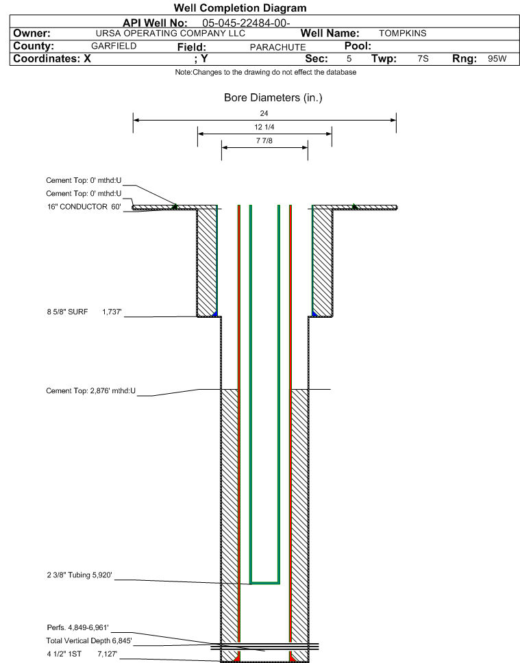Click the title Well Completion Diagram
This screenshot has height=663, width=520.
click(x=240, y=8)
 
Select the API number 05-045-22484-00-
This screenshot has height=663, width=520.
click(x=246, y=23)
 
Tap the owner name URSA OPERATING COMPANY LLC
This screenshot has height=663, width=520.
click(x=171, y=34)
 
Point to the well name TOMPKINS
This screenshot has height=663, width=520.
click(x=402, y=34)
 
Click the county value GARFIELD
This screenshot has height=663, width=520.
click(x=114, y=46)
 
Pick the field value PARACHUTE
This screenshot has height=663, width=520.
click(x=277, y=47)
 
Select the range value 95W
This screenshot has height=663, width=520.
click(x=497, y=59)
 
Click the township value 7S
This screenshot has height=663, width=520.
click(x=423, y=59)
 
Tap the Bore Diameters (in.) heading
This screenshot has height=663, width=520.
click(x=273, y=98)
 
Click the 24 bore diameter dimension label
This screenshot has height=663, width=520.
click(x=264, y=113)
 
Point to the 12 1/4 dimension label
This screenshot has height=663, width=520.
click(x=264, y=127)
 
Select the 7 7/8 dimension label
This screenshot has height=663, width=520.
click(x=264, y=141)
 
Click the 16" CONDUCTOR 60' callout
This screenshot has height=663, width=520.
click(x=84, y=207)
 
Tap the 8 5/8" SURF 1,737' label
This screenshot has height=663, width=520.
click(x=84, y=312)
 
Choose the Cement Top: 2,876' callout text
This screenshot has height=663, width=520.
click(x=90, y=390)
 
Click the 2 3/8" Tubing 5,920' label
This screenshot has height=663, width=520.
click(x=79, y=575)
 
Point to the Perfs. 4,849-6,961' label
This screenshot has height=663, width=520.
click(x=78, y=627)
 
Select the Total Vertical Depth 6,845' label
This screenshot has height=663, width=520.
click(x=89, y=640)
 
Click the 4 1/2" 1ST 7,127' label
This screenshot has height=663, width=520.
click(x=82, y=654)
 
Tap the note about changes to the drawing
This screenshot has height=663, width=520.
click(x=266, y=73)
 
